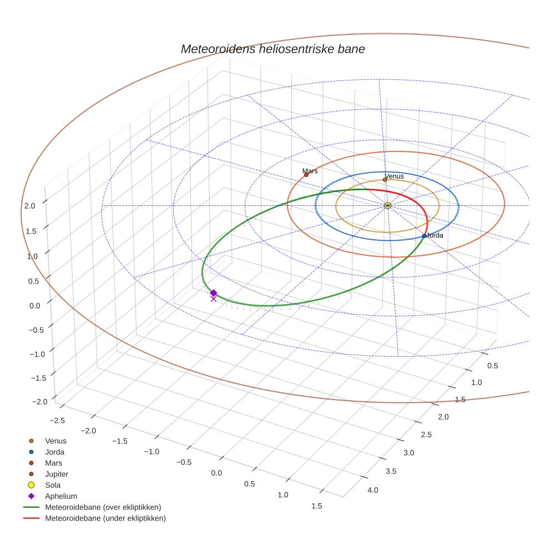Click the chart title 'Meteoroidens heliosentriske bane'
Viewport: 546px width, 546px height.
(272, 49)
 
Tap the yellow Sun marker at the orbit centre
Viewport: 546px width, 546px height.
(388, 206)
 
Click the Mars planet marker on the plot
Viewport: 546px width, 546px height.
(306, 175)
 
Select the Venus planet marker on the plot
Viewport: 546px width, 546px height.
(385, 180)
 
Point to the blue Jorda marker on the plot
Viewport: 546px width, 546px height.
(424, 236)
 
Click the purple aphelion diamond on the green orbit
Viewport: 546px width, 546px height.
(214, 292)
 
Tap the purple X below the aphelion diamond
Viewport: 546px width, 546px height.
(214, 299)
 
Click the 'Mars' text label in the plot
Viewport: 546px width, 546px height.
(310, 171)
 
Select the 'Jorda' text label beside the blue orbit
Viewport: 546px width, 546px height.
(435, 235)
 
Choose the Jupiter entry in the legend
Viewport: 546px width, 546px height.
(57, 474)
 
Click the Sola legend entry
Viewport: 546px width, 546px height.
(53, 485)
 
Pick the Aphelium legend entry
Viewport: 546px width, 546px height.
(61, 496)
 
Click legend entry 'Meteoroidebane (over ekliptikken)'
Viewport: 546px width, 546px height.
(103, 507)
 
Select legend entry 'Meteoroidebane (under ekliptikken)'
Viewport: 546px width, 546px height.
(105, 518)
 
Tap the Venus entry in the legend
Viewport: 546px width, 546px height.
(55, 441)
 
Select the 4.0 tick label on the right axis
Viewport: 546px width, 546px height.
(372, 490)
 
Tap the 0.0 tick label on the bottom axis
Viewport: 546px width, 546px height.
(216, 473)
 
